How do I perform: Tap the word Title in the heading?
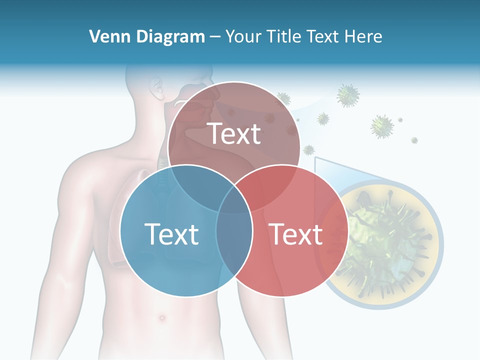(282, 36)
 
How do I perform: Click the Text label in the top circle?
(234, 133)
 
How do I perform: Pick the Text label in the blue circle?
(171, 233)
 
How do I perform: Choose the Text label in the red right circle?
(295, 233)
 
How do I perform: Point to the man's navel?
(162, 317)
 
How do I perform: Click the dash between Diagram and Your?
(215, 36)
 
